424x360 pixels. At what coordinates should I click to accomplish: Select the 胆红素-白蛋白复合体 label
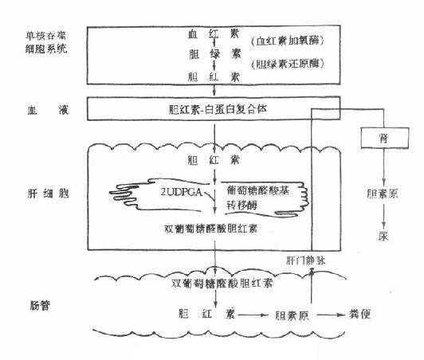(214, 105)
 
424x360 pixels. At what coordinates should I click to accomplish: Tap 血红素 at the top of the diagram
(203, 36)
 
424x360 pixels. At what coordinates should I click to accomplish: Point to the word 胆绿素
(203, 57)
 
